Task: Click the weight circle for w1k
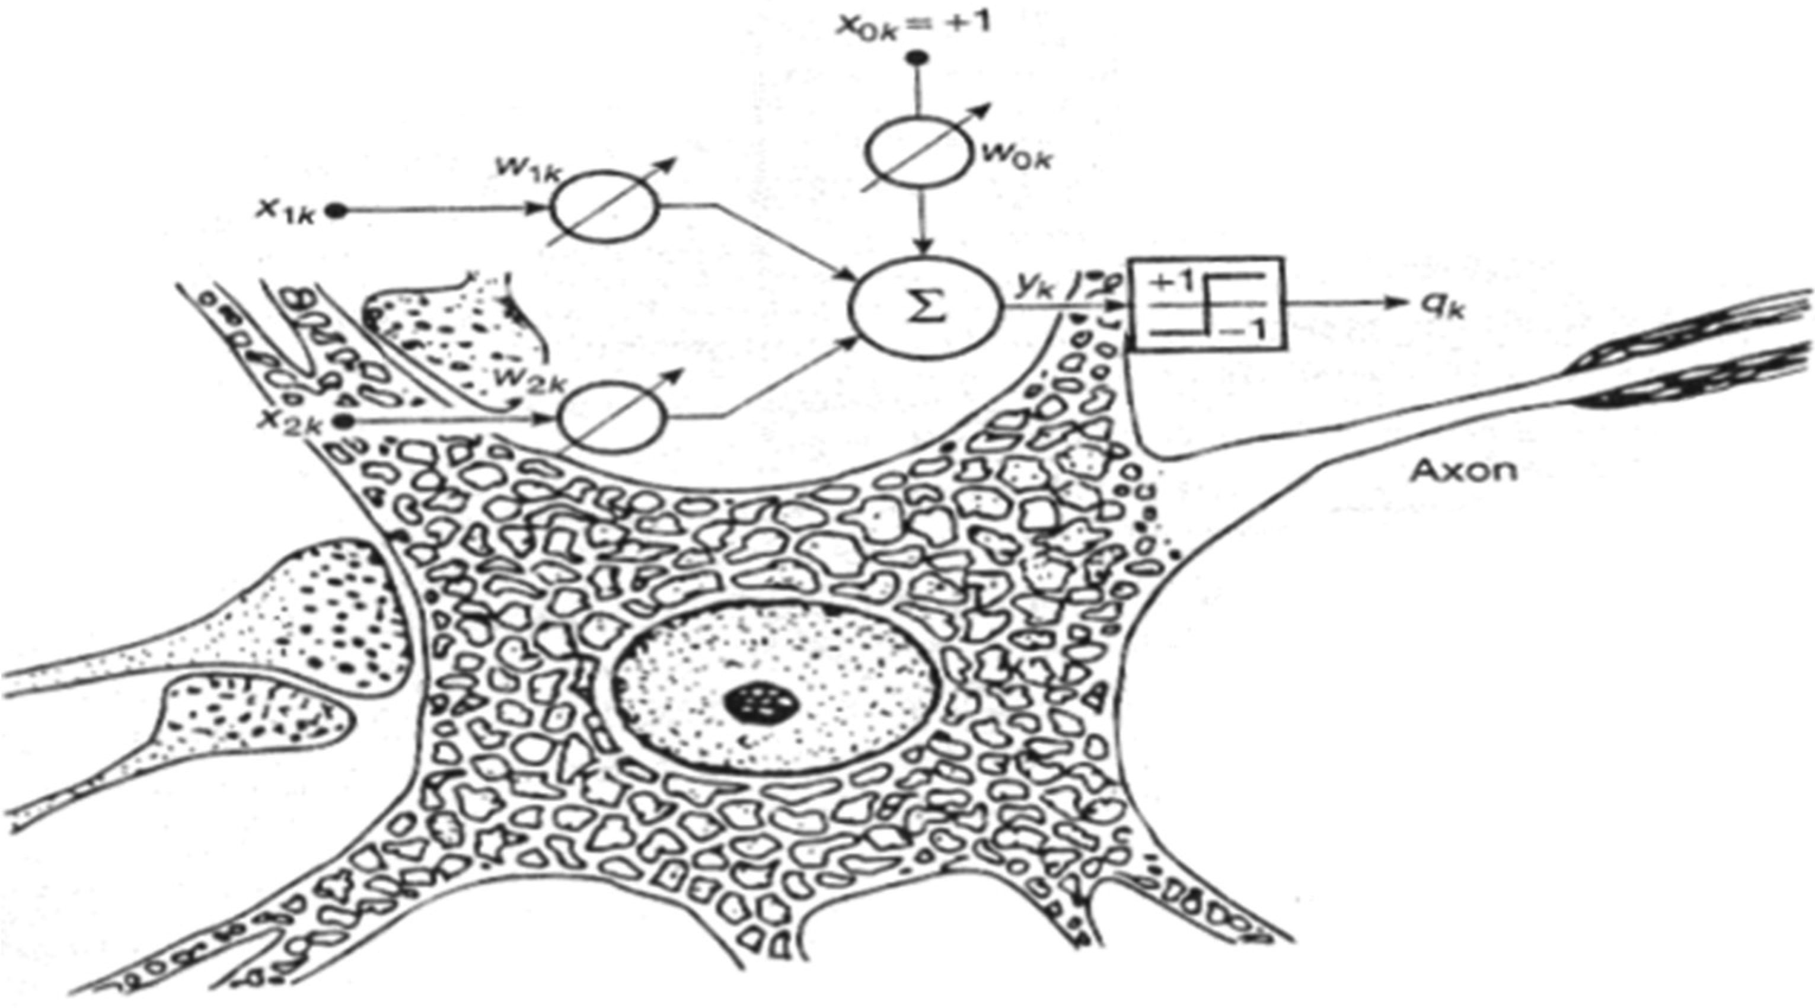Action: tap(604, 209)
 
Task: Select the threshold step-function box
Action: tap(1207, 303)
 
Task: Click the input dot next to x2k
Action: tap(344, 421)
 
